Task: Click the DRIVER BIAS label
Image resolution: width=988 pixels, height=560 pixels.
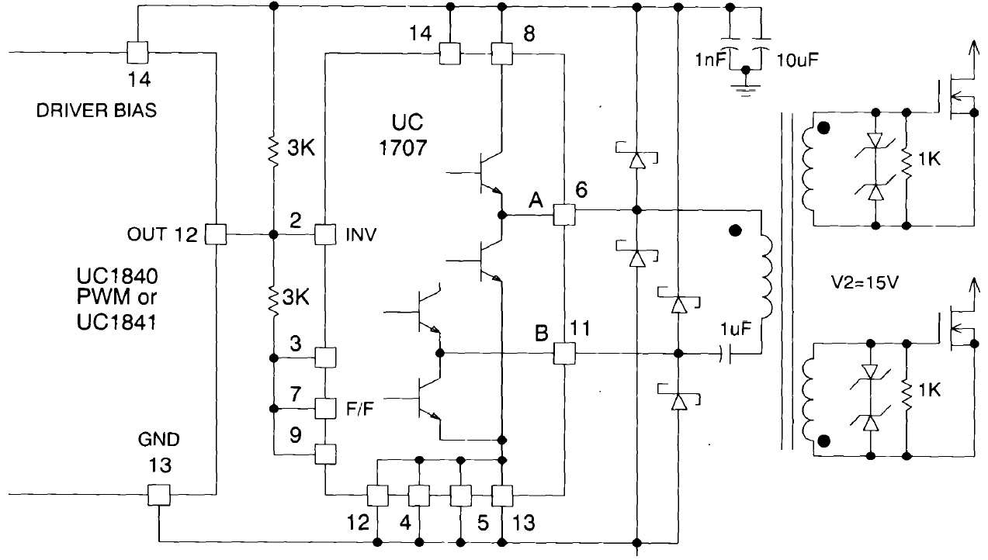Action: [96, 111]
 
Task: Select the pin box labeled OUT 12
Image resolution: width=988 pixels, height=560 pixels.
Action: [214, 234]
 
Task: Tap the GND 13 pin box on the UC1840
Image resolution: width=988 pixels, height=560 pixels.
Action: [158, 494]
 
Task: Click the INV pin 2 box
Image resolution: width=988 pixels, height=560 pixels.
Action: [324, 234]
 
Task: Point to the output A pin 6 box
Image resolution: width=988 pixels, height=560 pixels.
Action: [563, 215]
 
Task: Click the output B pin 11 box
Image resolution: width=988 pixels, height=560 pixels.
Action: [563, 354]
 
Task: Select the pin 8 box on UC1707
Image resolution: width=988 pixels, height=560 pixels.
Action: [502, 54]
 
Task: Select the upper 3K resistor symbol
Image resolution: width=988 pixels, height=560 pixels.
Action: [273, 152]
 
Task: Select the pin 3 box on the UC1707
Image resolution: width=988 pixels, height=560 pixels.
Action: [324, 358]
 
